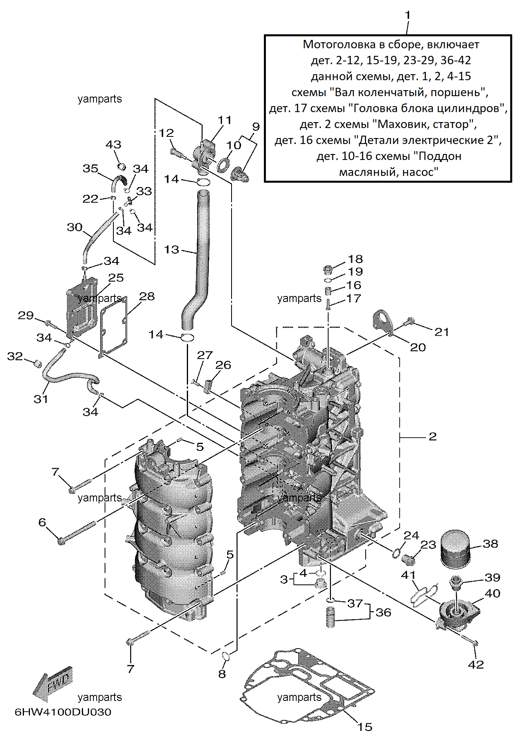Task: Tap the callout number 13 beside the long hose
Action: coord(172,250)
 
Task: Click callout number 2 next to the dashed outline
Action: coord(433,436)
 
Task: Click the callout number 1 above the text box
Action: coord(407,15)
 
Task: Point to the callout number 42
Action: coord(476,664)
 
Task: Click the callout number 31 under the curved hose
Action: coord(41,399)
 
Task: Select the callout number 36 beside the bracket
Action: coord(384,612)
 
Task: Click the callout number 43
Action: coord(113,144)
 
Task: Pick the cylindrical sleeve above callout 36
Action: coord(330,617)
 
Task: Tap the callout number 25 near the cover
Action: coord(116,278)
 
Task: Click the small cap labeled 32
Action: coord(37,363)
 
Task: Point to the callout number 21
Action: coord(442,332)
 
